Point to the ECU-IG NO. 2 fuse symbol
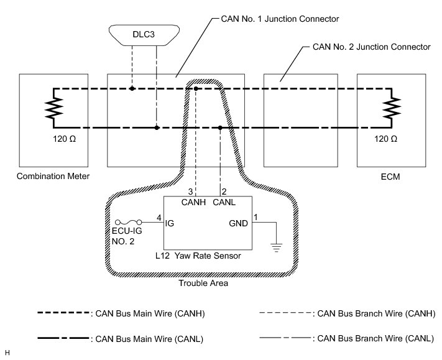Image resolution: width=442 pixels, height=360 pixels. click(x=129, y=222)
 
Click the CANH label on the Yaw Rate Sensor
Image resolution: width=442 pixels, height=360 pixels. click(x=194, y=202)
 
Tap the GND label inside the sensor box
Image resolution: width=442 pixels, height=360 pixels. click(x=238, y=223)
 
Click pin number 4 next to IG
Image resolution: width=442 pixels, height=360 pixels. click(x=159, y=217)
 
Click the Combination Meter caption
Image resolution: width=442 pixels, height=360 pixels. click(x=53, y=177)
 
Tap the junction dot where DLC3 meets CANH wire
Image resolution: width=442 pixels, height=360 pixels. click(x=132, y=89)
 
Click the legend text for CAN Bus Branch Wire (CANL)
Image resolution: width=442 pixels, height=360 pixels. click(x=375, y=339)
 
